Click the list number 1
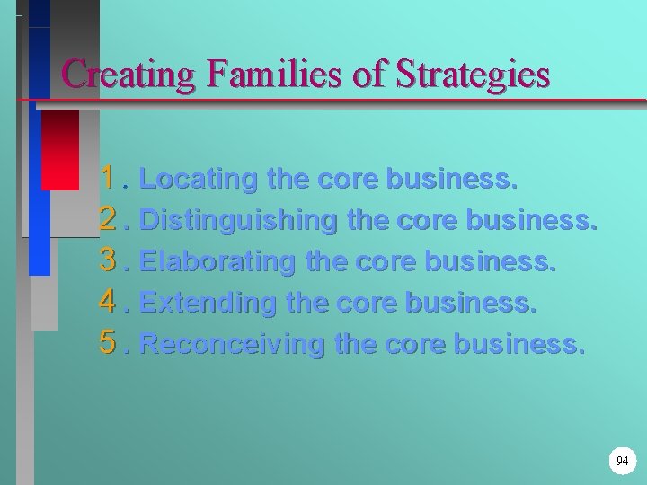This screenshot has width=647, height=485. (x=110, y=179)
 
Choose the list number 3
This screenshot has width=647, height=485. (x=110, y=261)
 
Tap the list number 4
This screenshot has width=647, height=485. (x=110, y=303)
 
